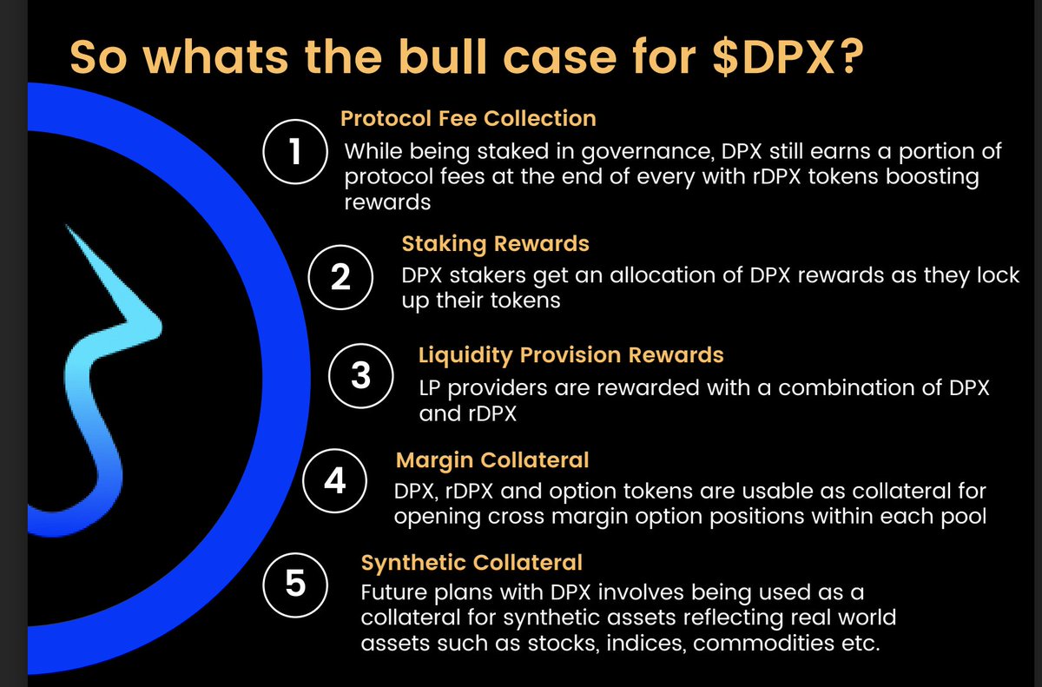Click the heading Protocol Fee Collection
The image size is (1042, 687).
(x=468, y=118)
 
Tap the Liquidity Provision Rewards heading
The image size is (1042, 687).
(x=570, y=354)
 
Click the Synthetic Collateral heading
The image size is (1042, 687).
(x=471, y=562)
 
